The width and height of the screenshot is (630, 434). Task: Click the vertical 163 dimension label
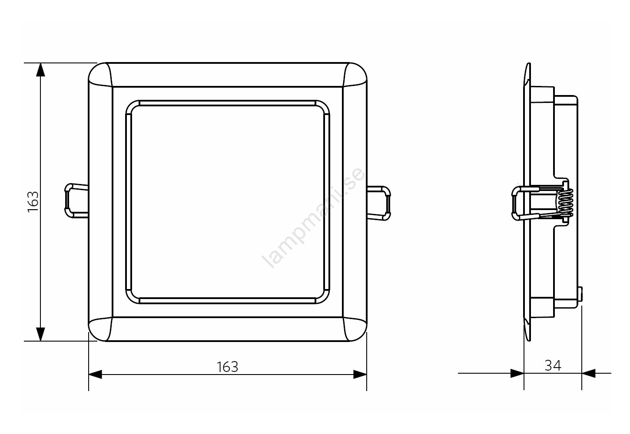[x=33, y=201]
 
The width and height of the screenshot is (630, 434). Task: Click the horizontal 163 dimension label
[x=228, y=367]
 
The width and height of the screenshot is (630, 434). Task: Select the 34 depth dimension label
[x=553, y=366]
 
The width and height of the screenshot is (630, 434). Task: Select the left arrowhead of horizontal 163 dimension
[x=96, y=374]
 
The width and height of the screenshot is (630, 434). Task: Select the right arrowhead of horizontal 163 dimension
[x=360, y=374]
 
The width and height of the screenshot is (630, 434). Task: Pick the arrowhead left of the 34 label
[x=517, y=373]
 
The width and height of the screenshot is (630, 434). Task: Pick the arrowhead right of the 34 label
[x=588, y=373]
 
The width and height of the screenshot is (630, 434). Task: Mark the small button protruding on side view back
[x=580, y=295]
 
